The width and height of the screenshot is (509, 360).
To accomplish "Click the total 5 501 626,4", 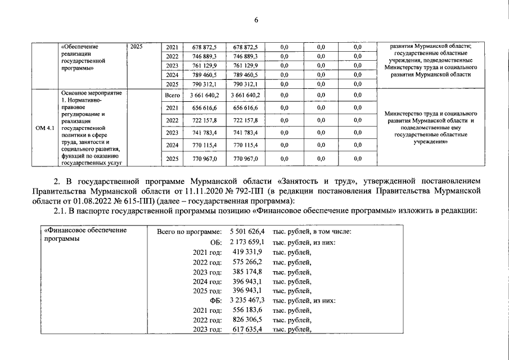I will click(x=247, y=231).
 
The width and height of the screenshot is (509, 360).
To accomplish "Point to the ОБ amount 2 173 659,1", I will click(x=247, y=241).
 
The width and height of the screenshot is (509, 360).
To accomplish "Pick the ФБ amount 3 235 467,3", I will click(x=247, y=300).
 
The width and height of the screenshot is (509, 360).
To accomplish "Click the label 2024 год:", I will click(x=208, y=281).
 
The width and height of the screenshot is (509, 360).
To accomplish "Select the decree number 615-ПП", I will click(x=134, y=201).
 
